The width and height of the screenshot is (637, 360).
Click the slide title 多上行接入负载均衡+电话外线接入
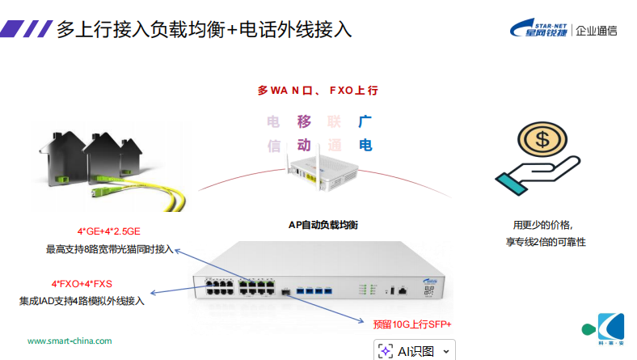204,30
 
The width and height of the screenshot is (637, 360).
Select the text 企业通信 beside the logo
596,31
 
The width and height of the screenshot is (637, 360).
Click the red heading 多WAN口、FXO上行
318,91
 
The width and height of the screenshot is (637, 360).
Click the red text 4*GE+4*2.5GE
110,231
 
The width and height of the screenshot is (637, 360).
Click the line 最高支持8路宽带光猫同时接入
109,249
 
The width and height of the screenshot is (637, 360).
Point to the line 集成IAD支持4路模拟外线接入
82,301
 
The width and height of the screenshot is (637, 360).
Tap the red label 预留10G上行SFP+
412,324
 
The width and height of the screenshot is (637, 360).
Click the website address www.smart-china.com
70,341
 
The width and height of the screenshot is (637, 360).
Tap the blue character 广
365,122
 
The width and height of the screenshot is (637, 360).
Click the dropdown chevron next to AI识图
446,350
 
